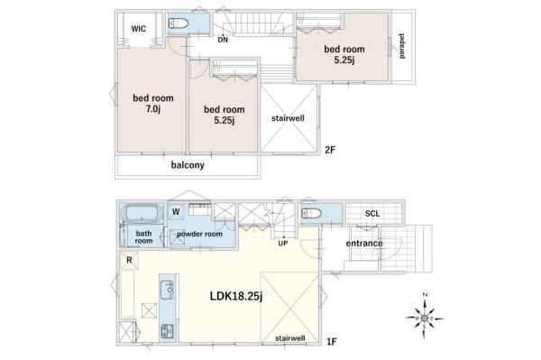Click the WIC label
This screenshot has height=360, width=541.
(x=139, y=28)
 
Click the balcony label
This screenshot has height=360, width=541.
(x=188, y=166)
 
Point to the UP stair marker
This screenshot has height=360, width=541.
(x=282, y=243)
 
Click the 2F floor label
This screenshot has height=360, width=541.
(x=329, y=152)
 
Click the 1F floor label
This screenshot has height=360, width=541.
(x=332, y=341)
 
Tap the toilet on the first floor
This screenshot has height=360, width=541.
(x=309, y=215)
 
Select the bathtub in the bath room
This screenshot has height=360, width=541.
(x=141, y=216)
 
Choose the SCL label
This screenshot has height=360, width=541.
(x=371, y=215)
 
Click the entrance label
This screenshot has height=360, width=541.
(x=363, y=243)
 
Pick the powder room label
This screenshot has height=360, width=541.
(x=200, y=234)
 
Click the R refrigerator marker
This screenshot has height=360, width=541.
(x=130, y=262)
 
